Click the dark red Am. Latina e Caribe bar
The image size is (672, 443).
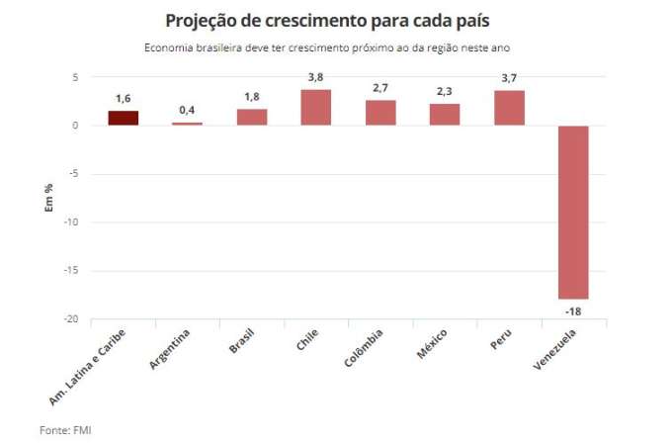click(x=124, y=118)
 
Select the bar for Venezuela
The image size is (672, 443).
click(x=573, y=212)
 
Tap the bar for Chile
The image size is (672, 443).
click(x=316, y=107)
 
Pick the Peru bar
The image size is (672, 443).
click(x=509, y=108)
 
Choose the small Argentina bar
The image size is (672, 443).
click(x=188, y=124)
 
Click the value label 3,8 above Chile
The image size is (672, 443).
click(x=316, y=79)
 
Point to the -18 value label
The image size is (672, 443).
click(x=573, y=310)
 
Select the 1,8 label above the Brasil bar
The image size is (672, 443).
click(x=252, y=98)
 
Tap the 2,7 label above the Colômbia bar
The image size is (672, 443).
click(x=380, y=89)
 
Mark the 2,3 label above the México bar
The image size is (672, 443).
click(x=445, y=93)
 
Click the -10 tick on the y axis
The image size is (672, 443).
click(x=71, y=222)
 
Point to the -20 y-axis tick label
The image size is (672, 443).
click(x=71, y=319)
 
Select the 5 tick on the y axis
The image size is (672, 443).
click(x=74, y=77)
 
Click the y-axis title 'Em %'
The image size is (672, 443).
click(x=46, y=198)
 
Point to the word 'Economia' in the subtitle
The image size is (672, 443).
click(x=169, y=47)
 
